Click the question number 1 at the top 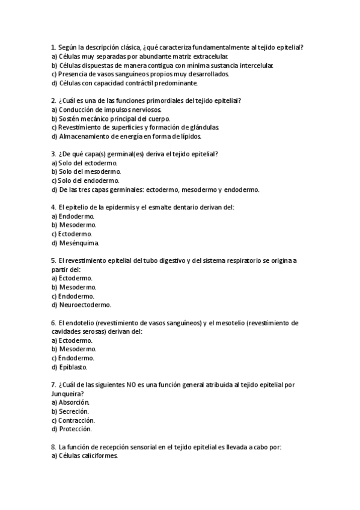click(x=53, y=47)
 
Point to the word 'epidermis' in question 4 click(x=112, y=207)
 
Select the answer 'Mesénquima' click(x=79, y=243)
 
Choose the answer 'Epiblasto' click(x=73, y=367)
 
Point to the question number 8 click(x=53, y=447)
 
